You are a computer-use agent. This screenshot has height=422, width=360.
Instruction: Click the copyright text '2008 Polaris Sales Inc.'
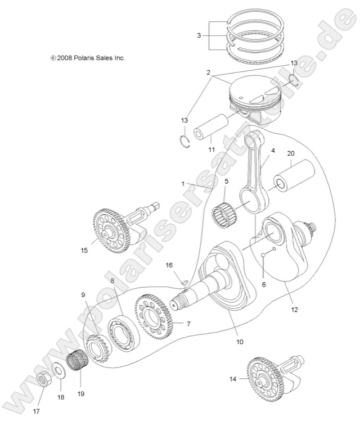pyautogui.click(x=87, y=58)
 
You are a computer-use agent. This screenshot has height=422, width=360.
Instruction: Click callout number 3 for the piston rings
pyautogui.click(x=199, y=35)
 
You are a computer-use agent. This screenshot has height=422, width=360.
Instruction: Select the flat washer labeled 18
pyautogui.click(x=58, y=372)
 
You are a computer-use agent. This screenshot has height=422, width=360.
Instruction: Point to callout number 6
pyautogui.click(x=263, y=284)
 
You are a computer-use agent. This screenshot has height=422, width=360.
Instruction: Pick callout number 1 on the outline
pyautogui.click(x=183, y=184)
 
